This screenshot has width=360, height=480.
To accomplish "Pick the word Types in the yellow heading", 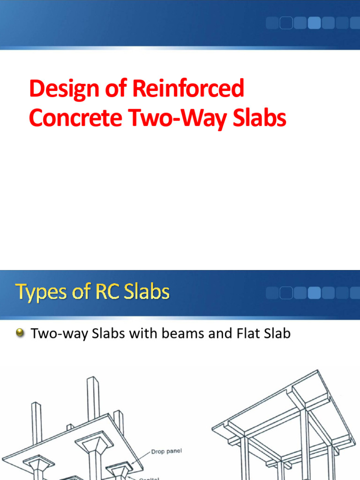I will click(x=39, y=293).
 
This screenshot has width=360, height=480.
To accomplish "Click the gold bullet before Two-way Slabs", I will click(x=20, y=333).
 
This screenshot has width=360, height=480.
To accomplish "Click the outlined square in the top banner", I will click(x=286, y=22).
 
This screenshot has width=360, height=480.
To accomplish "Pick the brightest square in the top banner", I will click(x=315, y=22).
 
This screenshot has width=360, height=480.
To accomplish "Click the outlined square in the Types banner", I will click(x=286, y=293).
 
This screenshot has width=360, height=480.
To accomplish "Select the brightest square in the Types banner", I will click(x=315, y=293).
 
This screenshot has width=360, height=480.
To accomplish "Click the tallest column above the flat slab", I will click(x=93, y=398).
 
